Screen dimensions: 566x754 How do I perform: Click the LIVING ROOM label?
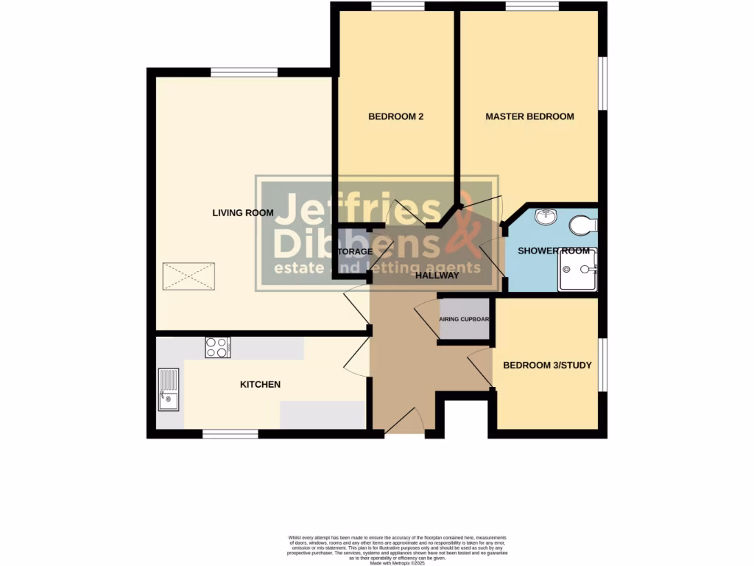coord(243,213)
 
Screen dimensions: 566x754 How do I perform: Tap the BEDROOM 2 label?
coord(395,116)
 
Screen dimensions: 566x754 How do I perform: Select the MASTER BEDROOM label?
coord(529,116)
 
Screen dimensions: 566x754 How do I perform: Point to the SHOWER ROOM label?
coord(554,251)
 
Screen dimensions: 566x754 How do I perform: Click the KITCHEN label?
coord(261,384)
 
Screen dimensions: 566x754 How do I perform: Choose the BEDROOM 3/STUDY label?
coord(547,365)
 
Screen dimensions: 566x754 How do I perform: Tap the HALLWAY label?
coord(437,275)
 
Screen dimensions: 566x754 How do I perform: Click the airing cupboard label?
coord(465,320)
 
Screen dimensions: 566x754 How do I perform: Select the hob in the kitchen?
coord(217,347)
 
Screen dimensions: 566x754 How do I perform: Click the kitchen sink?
coord(168,389)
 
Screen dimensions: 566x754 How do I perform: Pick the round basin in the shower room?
coord(546,217)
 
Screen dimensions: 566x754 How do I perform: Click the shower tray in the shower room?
coord(577,270)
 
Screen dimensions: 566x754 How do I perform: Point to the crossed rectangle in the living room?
coord(189,276)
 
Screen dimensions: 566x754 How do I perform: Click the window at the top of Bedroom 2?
coord(397,7)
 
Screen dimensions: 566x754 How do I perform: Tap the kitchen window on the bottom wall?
coord(230,434)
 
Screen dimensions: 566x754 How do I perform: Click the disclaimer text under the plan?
coord(398,549)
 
